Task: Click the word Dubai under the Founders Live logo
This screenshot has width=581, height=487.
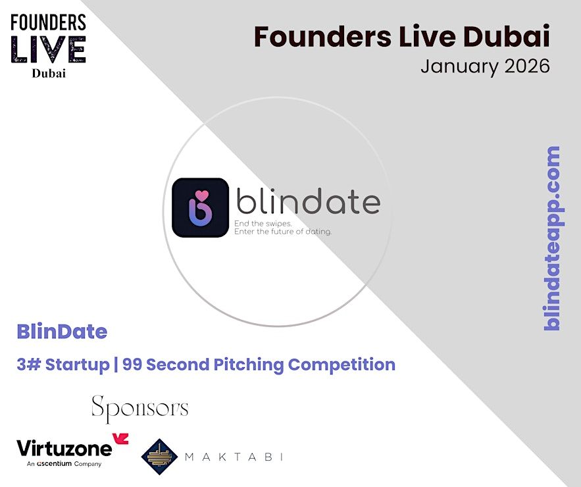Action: point(49,74)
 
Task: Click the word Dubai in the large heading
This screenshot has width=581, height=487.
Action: point(507,37)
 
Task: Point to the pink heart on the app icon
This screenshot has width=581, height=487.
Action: point(202,195)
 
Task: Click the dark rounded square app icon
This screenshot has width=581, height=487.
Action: point(200,207)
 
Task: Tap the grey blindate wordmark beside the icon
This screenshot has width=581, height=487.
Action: point(308,201)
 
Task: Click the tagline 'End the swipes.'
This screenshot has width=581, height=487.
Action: point(263,224)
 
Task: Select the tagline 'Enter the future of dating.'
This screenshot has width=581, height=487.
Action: point(283,232)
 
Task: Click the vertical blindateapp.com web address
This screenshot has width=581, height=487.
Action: point(552,238)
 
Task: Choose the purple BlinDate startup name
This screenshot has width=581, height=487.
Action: point(62,332)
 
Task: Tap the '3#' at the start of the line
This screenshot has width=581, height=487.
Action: point(28,365)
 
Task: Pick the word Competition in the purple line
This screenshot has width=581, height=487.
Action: point(341,365)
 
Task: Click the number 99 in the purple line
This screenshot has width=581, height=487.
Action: point(132,365)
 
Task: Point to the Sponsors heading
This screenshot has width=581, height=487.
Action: point(140,409)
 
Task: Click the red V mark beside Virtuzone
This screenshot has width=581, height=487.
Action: point(121,439)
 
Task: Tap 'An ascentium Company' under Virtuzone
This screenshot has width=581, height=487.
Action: point(64,464)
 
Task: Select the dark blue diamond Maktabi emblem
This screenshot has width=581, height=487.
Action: point(160,457)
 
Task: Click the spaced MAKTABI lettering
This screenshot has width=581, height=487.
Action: point(234,457)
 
